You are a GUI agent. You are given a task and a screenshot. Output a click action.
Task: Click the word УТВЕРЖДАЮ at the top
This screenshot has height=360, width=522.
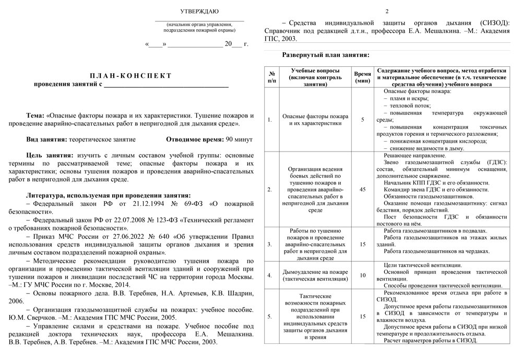[x=199, y=11]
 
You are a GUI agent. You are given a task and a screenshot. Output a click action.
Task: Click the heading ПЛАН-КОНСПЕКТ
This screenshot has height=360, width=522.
[x=131, y=76]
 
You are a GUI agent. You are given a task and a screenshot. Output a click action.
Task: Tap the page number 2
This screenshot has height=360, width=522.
[x=387, y=11]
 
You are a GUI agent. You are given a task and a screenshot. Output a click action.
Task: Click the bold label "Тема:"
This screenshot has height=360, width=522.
[x=36, y=115]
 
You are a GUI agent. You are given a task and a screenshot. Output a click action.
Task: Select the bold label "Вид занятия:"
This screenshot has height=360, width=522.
[x=46, y=140]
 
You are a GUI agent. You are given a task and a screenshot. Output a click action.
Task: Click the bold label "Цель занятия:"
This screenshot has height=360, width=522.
[x=50, y=155]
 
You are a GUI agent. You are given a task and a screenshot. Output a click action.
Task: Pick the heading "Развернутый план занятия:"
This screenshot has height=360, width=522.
[x=326, y=55]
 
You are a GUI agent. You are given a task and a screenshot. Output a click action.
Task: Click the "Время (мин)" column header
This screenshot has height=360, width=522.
[x=362, y=77]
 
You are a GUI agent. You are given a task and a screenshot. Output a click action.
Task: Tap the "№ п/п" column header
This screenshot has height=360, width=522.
[x=272, y=77]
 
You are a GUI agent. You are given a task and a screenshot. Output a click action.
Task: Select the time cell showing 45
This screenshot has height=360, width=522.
[x=362, y=189]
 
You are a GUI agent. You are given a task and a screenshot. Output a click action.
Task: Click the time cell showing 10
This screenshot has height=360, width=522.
[x=362, y=275]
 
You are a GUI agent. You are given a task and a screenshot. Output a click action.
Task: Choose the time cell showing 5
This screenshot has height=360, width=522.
[x=362, y=120]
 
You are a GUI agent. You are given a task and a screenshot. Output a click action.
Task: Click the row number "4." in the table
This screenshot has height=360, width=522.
[x=270, y=275]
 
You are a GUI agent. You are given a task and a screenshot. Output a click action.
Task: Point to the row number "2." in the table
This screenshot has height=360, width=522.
[x=270, y=189]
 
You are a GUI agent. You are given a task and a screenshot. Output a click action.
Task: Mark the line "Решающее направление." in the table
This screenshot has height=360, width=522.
[x=415, y=156]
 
